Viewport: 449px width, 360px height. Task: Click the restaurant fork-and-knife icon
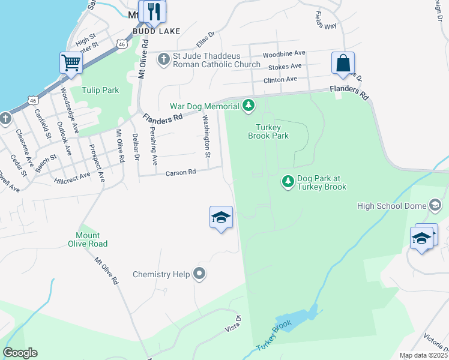pos(154,11)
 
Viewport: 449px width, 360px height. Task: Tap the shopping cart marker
pos(71,63)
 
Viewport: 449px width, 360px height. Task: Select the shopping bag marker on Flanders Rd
pos(343,63)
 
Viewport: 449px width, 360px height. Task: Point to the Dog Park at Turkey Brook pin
pos(288,181)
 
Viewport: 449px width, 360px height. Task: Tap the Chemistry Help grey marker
pos(199,274)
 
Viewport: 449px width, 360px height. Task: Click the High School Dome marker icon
pos(435,206)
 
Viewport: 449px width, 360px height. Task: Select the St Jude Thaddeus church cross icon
pos(163,59)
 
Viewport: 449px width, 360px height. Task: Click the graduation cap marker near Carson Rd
pos(221,217)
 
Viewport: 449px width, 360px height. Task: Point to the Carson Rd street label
pos(181,172)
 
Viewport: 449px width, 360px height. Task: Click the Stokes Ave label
pos(286,67)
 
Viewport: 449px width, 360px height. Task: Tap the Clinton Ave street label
pos(280,79)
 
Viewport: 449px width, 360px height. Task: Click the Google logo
pos(20,352)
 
